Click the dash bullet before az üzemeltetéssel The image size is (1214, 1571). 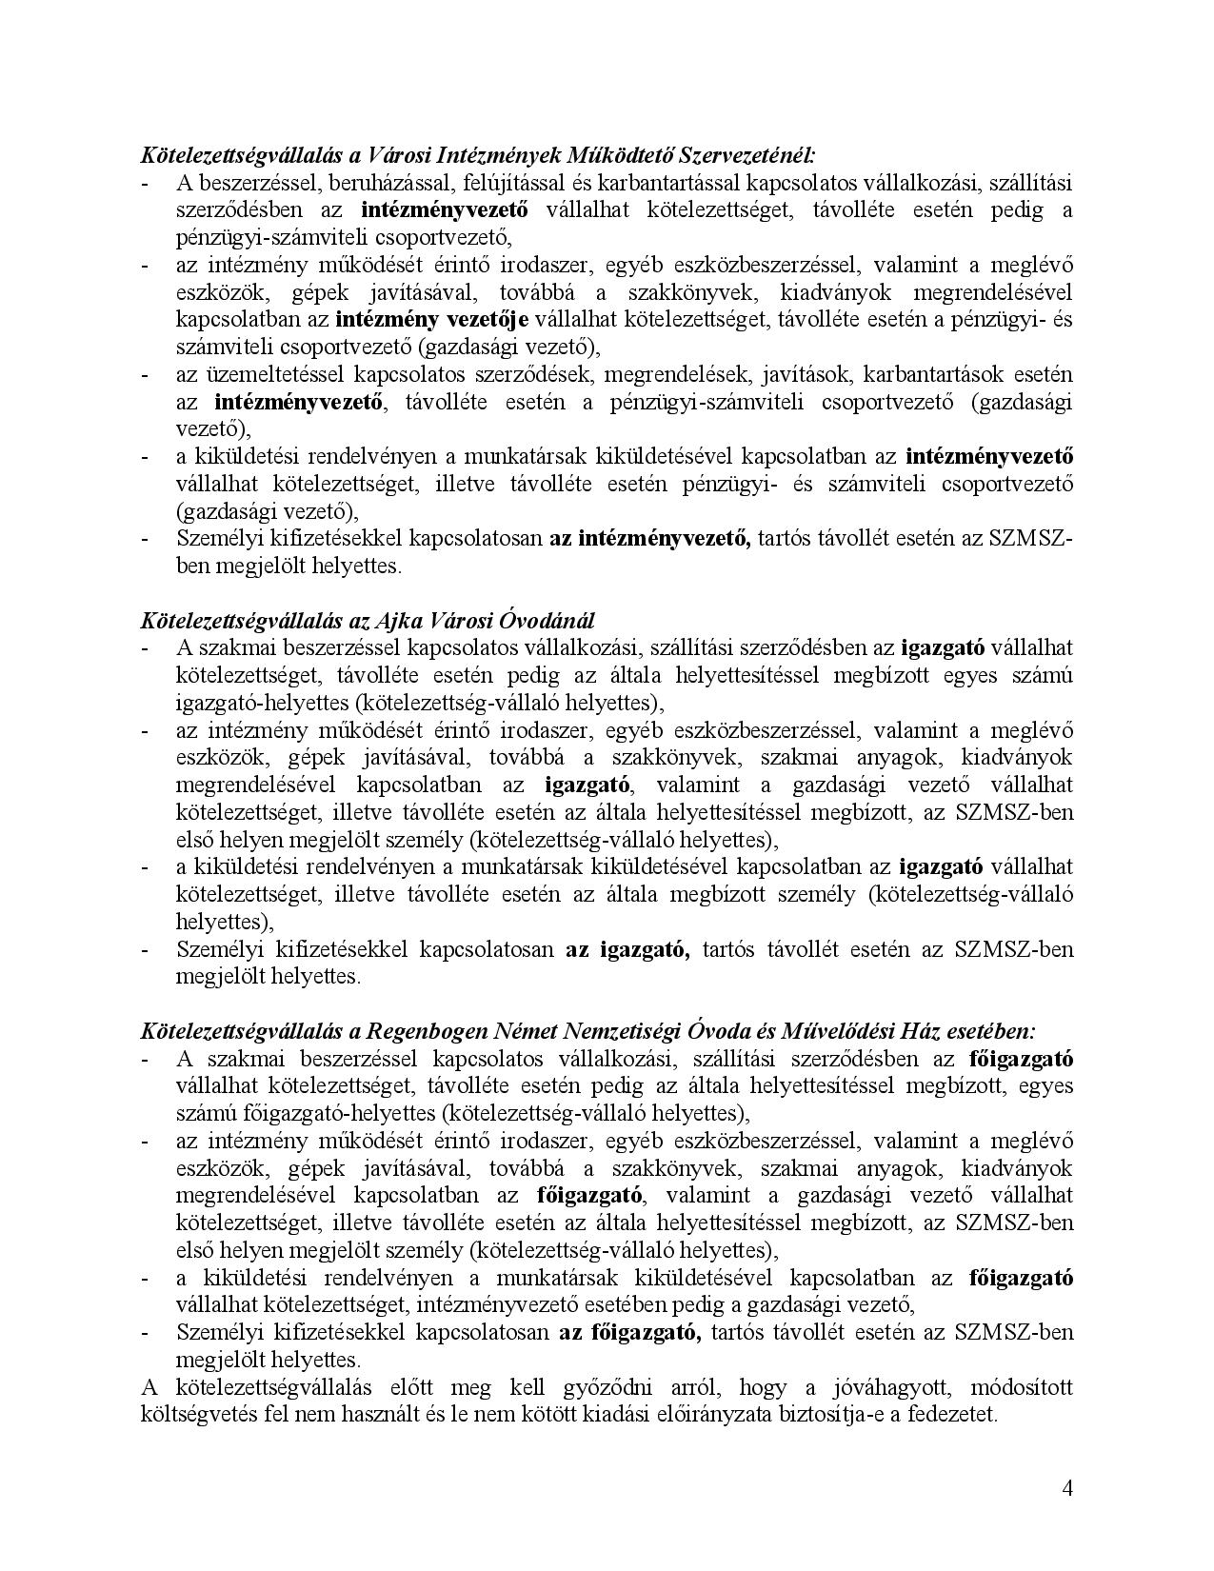click(146, 374)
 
